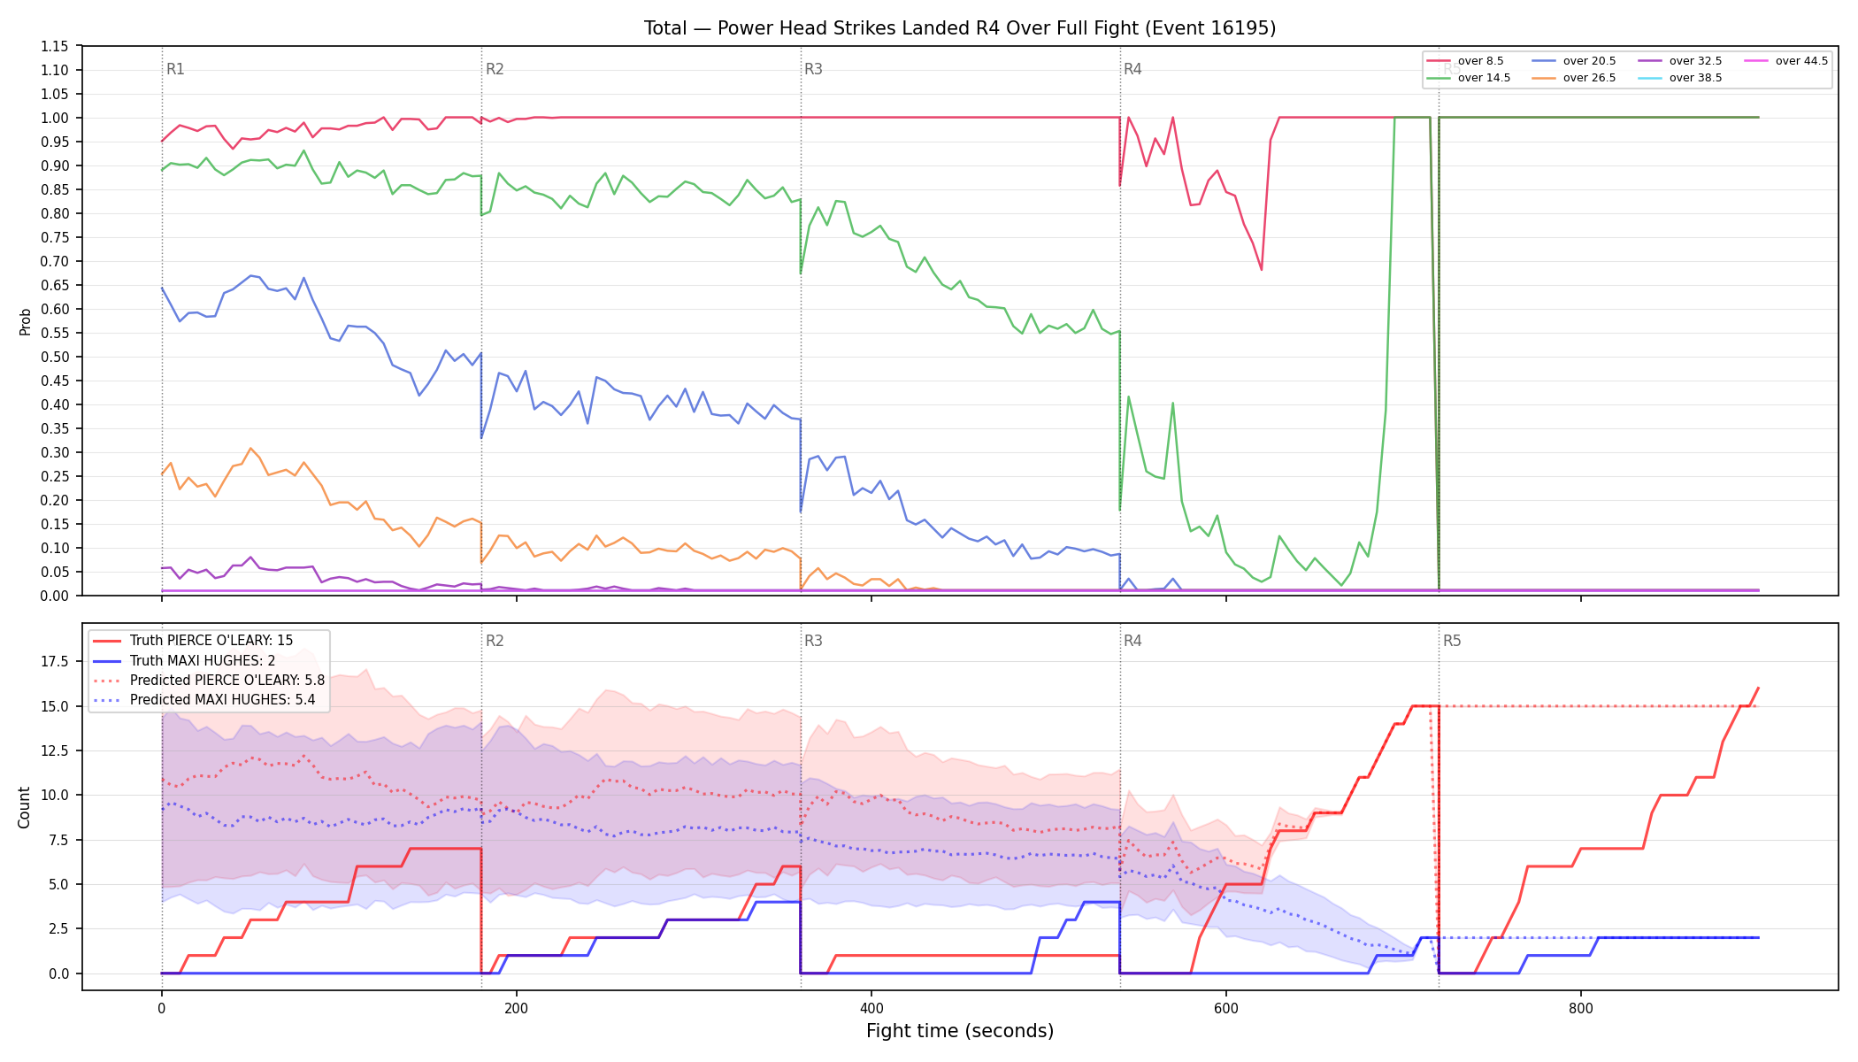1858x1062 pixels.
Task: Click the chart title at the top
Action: tap(960, 28)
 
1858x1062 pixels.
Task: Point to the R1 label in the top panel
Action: tap(175, 69)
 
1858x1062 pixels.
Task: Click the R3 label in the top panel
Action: tap(813, 69)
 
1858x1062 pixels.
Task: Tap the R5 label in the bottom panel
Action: tap(1452, 641)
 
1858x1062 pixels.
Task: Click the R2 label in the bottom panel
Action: tap(495, 641)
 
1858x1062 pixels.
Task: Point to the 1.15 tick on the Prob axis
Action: tap(55, 46)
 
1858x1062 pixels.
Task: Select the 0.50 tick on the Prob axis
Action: tap(55, 357)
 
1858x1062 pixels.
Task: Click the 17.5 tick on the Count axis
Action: tap(55, 661)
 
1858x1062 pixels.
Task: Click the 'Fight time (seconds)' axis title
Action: tap(960, 1031)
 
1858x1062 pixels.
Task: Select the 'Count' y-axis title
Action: tap(24, 807)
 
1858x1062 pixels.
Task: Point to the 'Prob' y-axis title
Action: tap(25, 321)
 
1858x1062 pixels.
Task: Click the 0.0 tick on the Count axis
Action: tap(58, 973)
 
